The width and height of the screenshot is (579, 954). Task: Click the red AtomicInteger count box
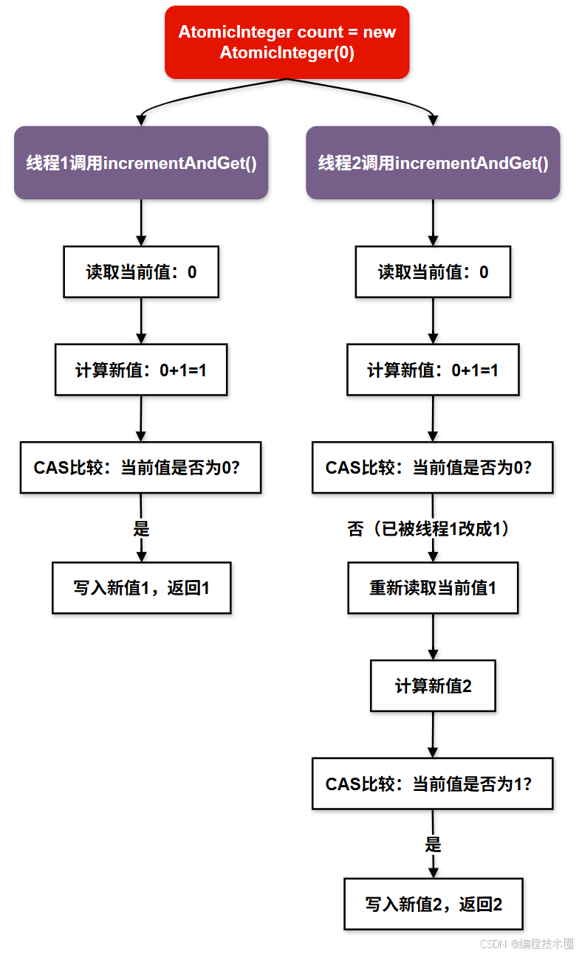pos(287,42)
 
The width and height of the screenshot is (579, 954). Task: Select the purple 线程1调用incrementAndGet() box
pos(141,163)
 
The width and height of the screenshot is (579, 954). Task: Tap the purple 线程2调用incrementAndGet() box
pos(433,163)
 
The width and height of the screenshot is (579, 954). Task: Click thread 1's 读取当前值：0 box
pos(141,272)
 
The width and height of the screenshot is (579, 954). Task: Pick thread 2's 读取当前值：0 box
pos(433,272)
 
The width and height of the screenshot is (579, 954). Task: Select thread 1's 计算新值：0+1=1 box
pos(141,370)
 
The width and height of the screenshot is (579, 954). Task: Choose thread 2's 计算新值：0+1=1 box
pos(433,370)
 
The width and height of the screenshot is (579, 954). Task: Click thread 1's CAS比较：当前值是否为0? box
pos(140,468)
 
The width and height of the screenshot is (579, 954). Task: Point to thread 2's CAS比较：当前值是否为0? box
pos(432,468)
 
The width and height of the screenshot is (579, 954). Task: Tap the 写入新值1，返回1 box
pos(141,588)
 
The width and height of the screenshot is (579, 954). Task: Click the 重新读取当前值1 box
pos(433,588)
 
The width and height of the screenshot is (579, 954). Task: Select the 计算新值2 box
pos(433,685)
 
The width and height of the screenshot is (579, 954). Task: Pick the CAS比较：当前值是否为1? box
pos(432,784)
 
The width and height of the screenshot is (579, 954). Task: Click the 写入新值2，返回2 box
pos(434,904)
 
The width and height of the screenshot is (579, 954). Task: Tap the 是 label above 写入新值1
pos(141,529)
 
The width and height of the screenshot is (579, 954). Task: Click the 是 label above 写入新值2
pos(433,845)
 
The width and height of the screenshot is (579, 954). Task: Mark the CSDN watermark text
pos(527,944)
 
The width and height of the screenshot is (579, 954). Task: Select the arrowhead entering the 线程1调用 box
pos(141,120)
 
